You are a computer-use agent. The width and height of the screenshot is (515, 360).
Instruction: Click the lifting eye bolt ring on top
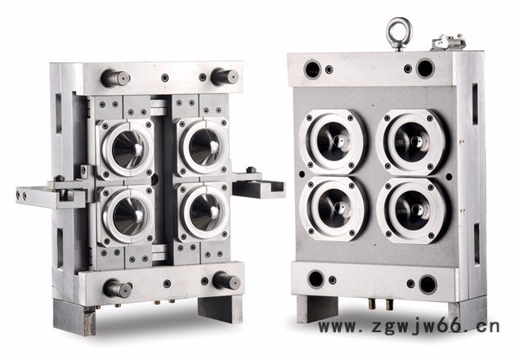[x=399, y=22]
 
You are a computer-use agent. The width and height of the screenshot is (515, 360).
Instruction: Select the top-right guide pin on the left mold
[x=225, y=77]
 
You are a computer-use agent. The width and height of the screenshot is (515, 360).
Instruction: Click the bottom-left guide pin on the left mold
[x=117, y=288]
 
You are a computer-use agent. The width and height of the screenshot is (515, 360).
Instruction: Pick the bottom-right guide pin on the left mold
[x=226, y=281]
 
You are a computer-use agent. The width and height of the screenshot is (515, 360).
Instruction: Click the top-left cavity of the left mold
[x=127, y=149]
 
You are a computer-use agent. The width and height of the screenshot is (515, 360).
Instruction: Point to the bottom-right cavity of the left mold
[x=204, y=211]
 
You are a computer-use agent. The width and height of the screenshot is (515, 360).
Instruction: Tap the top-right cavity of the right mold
[x=412, y=142]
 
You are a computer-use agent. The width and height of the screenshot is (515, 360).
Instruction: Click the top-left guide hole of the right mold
[x=312, y=69]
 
